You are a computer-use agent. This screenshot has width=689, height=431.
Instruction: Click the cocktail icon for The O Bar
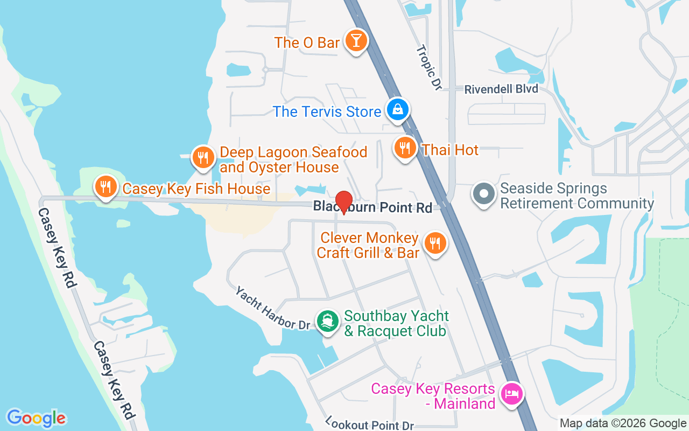pos(355,40)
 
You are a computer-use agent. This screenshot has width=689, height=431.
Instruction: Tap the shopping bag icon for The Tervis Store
pos(398,109)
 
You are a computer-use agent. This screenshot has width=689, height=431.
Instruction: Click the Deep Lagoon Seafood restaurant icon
pos(203,157)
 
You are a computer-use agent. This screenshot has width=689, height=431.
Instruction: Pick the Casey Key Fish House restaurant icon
pos(106,186)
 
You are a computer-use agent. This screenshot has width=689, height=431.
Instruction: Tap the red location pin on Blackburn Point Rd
pos(344,202)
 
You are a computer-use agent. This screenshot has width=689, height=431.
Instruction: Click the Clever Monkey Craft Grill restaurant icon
pos(434,243)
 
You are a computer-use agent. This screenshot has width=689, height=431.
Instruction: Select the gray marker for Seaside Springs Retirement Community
pos(483,193)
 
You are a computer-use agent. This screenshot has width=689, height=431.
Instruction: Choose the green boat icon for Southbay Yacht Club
pos(327,321)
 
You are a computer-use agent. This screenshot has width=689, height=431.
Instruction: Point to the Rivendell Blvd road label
pos(501,89)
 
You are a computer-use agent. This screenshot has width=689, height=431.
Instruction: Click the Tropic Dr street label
pos(428,67)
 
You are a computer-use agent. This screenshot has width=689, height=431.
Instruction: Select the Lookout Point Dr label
pos(369,423)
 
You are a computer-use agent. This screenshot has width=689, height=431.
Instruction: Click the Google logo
pos(36,418)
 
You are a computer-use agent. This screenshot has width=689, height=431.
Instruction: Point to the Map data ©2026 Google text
pos(623,423)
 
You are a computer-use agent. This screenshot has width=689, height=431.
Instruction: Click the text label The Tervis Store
pos(327,112)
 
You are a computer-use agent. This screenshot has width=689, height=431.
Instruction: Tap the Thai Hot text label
pos(451,150)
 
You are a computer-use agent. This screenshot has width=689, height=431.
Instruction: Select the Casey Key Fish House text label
pos(196,189)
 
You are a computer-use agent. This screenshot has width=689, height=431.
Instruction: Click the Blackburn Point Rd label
pos(372,207)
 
